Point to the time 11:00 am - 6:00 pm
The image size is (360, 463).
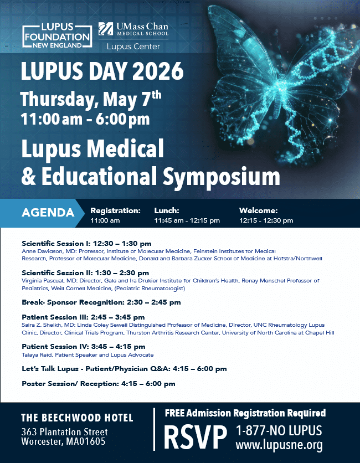coord(85,119)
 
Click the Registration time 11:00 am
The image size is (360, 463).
coord(105,220)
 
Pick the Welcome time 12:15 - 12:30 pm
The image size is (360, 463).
coord(266,220)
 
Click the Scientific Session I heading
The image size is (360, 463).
coord(86,243)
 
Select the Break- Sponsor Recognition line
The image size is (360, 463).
coord(101,303)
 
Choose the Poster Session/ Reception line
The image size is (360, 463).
coord(99,384)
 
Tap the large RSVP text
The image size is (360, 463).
coord(196,438)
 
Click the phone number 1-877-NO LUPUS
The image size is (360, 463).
coord(279,431)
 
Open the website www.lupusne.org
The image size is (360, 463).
coord(279,445)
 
